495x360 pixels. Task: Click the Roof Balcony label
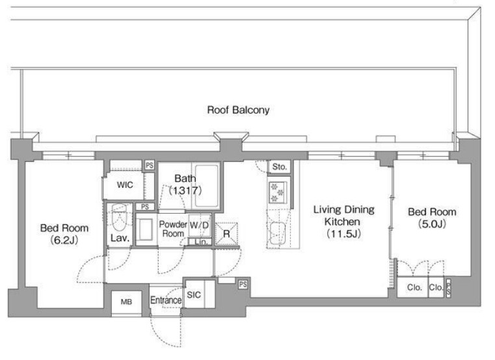pos(238,110)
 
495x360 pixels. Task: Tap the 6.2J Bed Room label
pos(64,234)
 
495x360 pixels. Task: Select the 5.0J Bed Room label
pos(432,218)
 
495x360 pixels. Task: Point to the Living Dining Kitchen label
pos(344,222)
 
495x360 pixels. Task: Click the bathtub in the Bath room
pos(206,185)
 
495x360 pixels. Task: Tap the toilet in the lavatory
pos(119,217)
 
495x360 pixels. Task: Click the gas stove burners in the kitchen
pos(276,192)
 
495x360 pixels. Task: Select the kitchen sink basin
pos(277,233)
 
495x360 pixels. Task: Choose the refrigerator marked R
pos(226,234)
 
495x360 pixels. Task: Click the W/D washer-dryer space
pos(200,225)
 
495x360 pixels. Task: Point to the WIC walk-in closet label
pos(125,185)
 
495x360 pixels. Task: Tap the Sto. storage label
pos(279,166)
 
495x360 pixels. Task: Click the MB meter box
pos(126,302)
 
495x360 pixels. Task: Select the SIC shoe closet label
pos(194,294)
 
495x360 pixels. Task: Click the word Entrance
pos(166,300)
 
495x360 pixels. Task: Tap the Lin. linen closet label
pos(201,242)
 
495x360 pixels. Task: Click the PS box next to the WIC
pos(150,165)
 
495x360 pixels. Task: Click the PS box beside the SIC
pos(243,284)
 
